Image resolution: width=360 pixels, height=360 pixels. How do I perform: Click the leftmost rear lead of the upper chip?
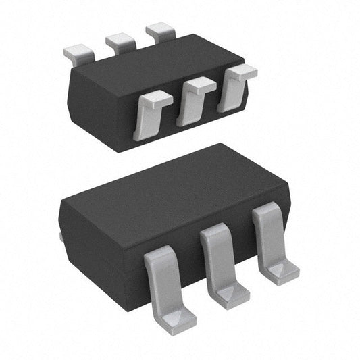tap(77, 51)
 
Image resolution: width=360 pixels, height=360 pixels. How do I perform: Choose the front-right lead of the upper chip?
tap(234, 90)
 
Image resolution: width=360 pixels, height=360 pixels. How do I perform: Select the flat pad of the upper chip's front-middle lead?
tap(200, 85)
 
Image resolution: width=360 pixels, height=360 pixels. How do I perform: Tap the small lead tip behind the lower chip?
tap(61, 236)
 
